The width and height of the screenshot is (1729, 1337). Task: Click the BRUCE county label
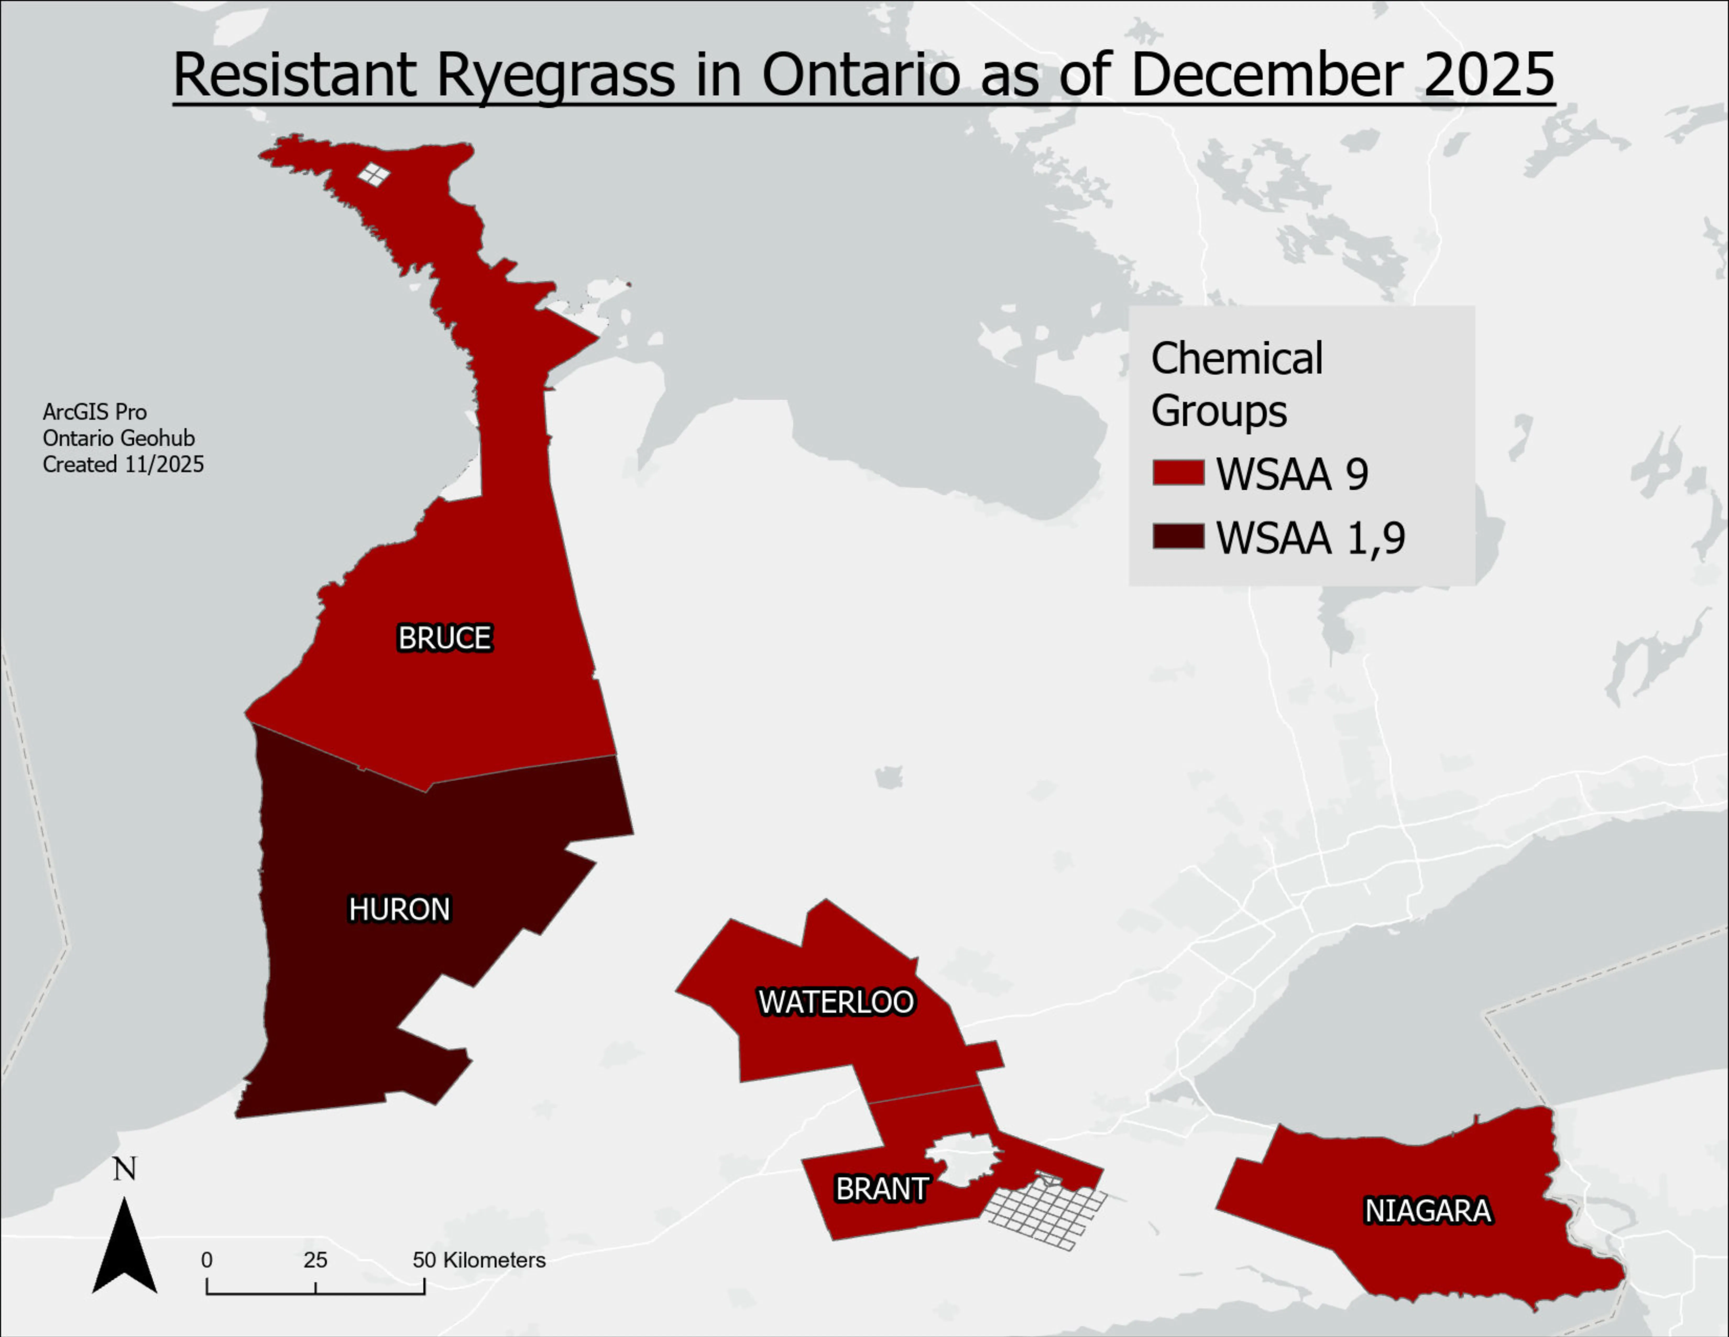click(x=444, y=638)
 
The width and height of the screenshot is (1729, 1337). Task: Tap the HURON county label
click(x=399, y=909)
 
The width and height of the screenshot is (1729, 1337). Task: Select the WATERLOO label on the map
click(x=836, y=1002)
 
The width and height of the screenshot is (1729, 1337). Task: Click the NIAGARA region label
click(x=1427, y=1210)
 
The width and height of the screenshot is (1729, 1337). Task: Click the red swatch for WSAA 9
click(x=1178, y=473)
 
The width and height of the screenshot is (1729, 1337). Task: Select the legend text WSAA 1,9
click(x=1310, y=538)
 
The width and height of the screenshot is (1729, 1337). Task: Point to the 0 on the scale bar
click(x=207, y=1260)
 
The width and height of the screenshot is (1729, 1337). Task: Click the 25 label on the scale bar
click(x=315, y=1260)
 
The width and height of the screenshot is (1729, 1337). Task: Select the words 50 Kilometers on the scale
click(x=479, y=1260)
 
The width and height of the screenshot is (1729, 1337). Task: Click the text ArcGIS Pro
click(x=94, y=412)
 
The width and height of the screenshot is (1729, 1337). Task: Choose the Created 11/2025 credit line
click(x=123, y=464)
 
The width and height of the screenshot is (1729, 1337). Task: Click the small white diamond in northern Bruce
click(x=374, y=174)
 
